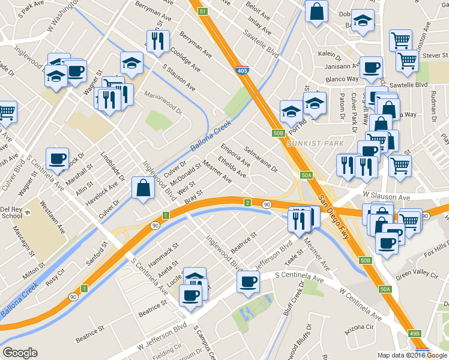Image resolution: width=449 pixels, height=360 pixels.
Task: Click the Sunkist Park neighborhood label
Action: point(315,143)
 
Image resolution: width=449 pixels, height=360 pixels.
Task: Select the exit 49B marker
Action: point(415,333)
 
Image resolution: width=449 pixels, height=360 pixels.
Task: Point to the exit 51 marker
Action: point(203,11)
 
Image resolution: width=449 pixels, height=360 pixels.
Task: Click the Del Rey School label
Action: point(11,213)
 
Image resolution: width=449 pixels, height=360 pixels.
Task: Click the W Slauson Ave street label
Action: point(386,196)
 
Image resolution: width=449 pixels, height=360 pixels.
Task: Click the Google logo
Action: point(20,353)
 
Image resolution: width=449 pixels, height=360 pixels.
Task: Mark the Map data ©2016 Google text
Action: point(412,355)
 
